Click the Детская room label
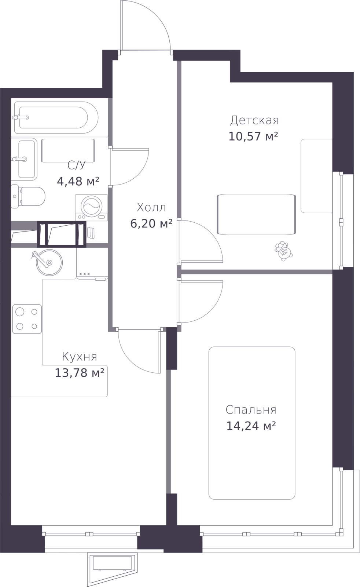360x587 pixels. (x=254, y=120)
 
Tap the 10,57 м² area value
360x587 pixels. (x=253, y=136)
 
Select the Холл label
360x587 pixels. (x=151, y=208)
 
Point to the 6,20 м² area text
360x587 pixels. (x=151, y=223)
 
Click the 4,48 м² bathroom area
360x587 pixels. (x=78, y=181)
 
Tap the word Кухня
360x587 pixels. (x=79, y=357)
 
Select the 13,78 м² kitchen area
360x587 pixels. (x=79, y=373)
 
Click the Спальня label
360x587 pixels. (x=251, y=410)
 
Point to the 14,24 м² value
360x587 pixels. (x=251, y=426)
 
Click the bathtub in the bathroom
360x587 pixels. (x=55, y=117)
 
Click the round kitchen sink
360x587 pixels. (x=49, y=263)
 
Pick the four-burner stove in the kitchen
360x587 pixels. (x=27, y=319)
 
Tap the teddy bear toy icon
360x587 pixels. (x=283, y=251)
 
